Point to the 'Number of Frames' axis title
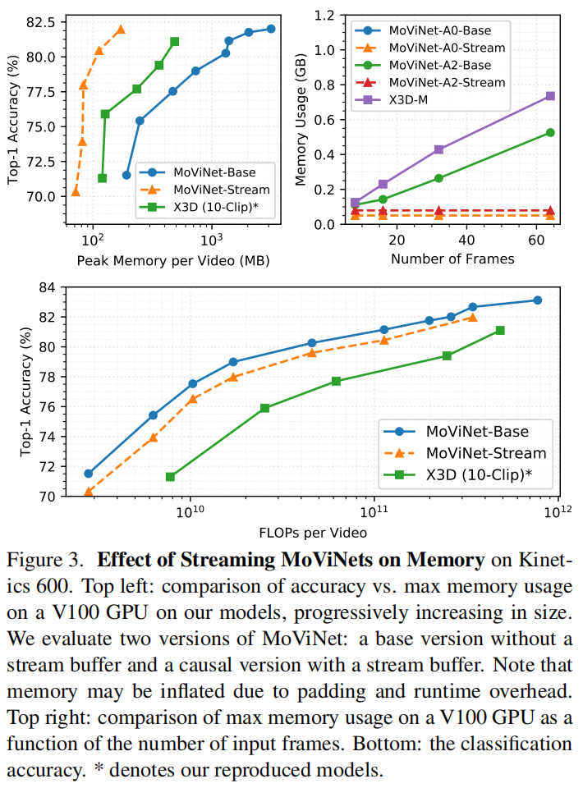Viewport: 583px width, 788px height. pos(452,259)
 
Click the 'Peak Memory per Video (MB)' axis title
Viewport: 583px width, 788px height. pos(173,260)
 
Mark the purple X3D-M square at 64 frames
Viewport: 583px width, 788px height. pos(550,96)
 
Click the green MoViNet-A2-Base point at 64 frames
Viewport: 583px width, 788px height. pos(550,132)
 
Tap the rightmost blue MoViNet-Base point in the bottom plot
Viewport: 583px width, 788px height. pos(538,300)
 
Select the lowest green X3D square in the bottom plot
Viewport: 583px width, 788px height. pos(170,477)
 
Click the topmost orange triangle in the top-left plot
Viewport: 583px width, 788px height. pos(121,30)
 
